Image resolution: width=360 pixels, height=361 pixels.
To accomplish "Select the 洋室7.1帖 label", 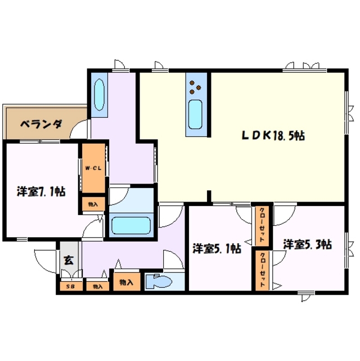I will coord(40,192).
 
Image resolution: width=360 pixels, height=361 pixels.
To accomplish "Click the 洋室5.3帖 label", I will coord(307,244).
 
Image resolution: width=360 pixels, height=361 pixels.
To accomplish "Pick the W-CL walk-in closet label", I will coord(93,168).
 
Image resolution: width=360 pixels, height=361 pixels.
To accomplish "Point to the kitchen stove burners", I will coord(196,86).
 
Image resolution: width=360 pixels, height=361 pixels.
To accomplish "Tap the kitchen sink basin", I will coord(196,114).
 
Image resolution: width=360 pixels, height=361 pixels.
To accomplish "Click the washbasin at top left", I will coord(98,95).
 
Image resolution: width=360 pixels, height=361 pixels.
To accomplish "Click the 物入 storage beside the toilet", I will coord(126,282).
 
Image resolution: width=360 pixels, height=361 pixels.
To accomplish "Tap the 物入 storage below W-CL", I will coord(93,204).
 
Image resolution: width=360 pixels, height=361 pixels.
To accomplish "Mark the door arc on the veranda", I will coord(80,130).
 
